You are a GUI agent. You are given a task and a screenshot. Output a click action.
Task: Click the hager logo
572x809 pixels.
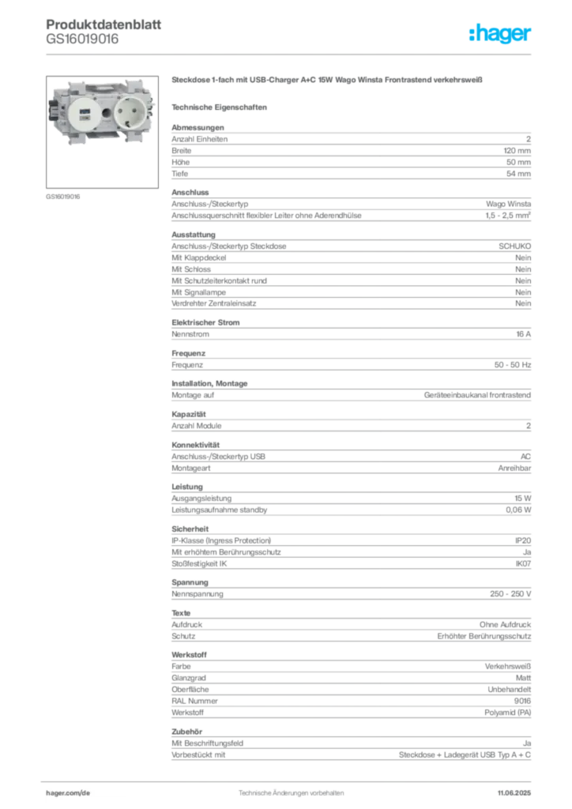[x=499, y=33]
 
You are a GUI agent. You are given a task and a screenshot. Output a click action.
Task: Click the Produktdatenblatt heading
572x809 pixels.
[x=103, y=24]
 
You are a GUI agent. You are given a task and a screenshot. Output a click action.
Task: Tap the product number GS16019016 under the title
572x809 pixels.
[x=82, y=39]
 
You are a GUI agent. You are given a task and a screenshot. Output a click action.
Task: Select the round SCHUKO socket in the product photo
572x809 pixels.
[x=130, y=112]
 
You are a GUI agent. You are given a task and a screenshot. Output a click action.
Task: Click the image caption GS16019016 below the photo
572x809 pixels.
[x=63, y=197]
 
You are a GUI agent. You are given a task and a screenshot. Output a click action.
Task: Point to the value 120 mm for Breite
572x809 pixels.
[x=517, y=151]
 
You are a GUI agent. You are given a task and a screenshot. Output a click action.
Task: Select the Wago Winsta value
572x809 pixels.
[x=508, y=204]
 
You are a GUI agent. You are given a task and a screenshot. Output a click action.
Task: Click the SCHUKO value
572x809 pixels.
[x=514, y=246]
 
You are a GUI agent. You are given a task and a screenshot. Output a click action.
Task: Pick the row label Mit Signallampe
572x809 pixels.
[x=198, y=292]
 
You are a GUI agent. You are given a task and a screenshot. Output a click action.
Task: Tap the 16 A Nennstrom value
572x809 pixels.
[x=523, y=334]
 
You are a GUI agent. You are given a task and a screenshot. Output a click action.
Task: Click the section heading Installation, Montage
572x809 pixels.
[x=209, y=383]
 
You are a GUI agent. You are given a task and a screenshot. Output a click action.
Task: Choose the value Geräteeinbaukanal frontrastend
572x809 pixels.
[x=477, y=395]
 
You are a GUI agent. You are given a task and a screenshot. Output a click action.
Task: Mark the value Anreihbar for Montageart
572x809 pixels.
[x=514, y=468]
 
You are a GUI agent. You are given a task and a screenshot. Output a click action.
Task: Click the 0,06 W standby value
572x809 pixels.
[x=517, y=510]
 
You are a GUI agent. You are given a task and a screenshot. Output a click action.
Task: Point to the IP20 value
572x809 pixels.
[x=522, y=540]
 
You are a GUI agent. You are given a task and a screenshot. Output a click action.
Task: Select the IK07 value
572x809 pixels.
[x=523, y=563]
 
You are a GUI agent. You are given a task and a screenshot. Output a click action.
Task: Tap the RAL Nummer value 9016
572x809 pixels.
[x=522, y=701]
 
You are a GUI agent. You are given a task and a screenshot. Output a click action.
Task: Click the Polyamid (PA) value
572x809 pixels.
[x=507, y=713]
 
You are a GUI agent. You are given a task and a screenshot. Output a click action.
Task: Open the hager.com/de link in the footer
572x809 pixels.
[x=68, y=793]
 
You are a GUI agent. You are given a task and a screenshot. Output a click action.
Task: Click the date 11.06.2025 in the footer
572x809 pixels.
[x=514, y=793]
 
